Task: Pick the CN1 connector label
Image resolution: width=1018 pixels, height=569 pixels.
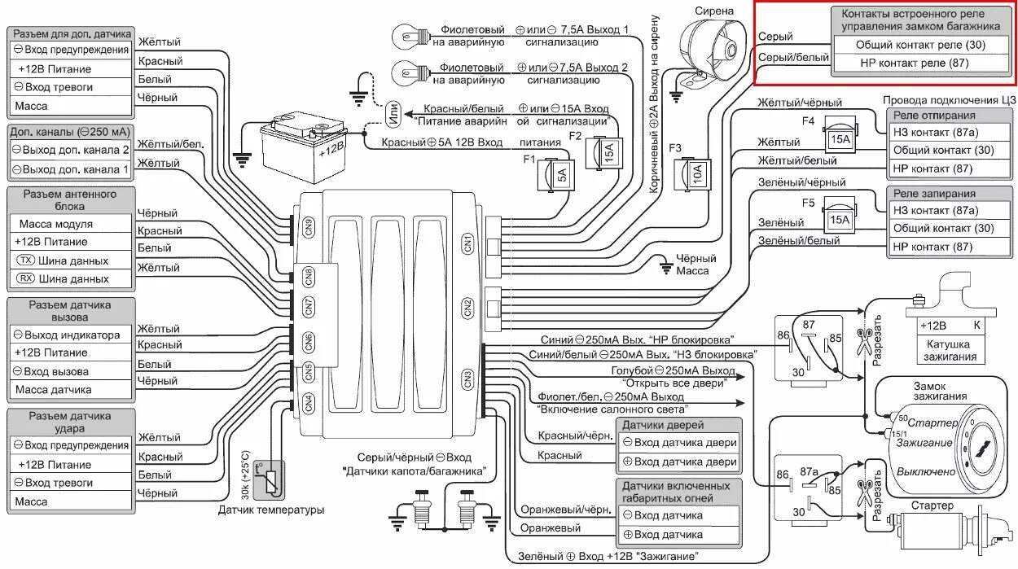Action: (467, 243)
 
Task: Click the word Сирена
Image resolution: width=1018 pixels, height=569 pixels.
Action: (713, 11)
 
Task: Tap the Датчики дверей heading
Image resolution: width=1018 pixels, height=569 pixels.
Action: (679, 424)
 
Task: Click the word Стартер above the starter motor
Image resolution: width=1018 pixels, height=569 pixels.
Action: (932, 506)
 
